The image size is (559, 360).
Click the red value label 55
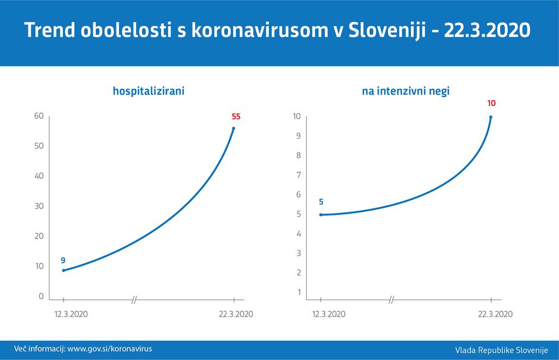tap(236, 116)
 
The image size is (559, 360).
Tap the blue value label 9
tap(63, 260)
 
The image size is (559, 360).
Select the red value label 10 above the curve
tap(491, 104)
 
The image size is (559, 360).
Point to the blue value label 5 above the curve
tap(321, 202)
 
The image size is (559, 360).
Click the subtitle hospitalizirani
tap(149, 92)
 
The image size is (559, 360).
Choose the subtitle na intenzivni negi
tap(406, 92)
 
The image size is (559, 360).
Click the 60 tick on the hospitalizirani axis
tap(39, 115)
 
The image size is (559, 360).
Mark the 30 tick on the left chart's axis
tap(39, 206)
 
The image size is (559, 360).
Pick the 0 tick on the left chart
tap(40, 296)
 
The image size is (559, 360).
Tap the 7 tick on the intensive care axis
tap(298, 175)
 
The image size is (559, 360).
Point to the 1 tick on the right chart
tap(298, 292)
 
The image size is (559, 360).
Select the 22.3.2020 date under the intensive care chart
tap(496, 314)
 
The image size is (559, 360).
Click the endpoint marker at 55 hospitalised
tap(234, 128)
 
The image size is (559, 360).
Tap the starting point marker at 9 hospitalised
tap(64, 270)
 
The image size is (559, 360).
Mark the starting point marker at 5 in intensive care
tap(321, 215)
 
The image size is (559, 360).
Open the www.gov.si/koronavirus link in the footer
tap(109, 348)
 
